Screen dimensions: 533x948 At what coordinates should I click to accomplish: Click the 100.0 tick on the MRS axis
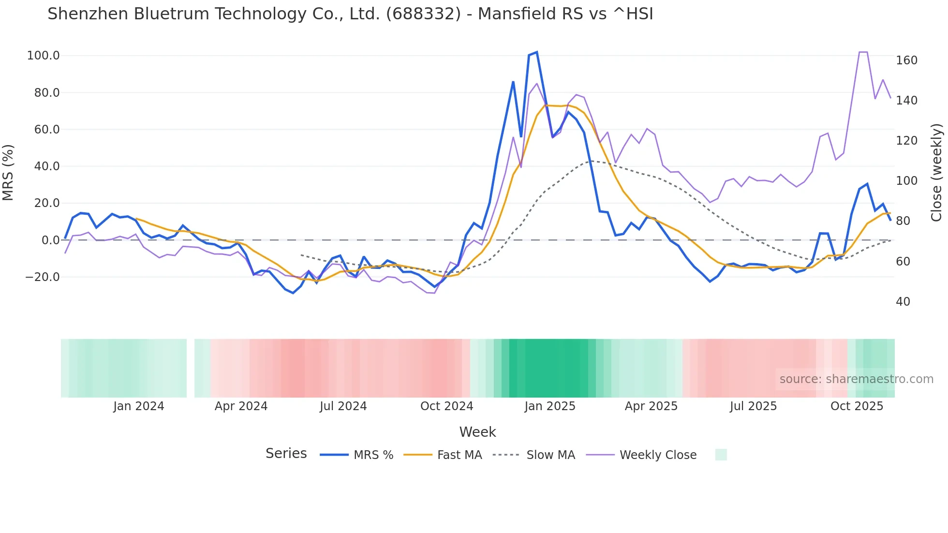click(43, 56)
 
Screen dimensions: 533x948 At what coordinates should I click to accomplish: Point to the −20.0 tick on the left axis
click(43, 277)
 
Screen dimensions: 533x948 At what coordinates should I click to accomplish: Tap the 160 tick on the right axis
click(906, 60)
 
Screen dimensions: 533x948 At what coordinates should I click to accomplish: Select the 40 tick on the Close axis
click(903, 302)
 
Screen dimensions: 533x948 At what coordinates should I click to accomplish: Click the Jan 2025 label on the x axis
click(550, 406)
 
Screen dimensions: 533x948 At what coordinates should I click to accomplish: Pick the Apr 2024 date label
click(241, 406)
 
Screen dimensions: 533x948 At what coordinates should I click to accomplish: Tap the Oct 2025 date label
click(857, 406)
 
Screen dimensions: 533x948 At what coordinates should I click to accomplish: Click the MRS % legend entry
click(373, 455)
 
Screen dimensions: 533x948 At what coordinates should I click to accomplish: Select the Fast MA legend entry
click(459, 455)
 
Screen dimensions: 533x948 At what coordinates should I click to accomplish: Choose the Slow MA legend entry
click(550, 455)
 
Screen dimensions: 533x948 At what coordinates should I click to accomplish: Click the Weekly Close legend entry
click(658, 455)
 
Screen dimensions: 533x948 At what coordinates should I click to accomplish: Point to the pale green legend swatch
click(721, 455)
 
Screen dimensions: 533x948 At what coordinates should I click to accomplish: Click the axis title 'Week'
click(477, 432)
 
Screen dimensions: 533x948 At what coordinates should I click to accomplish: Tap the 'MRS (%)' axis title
click(8, 173)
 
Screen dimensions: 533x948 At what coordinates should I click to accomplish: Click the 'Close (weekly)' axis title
click(936, 173)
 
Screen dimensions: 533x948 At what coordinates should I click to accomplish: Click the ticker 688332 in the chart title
click(423, 14)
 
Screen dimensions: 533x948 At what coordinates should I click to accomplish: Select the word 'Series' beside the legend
click(286, 454)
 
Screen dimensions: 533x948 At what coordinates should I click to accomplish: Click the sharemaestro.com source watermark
click(856, 379)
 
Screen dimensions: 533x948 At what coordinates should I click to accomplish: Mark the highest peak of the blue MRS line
click(537, 52)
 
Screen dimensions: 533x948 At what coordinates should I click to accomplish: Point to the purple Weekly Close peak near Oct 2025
click(863, 52)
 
